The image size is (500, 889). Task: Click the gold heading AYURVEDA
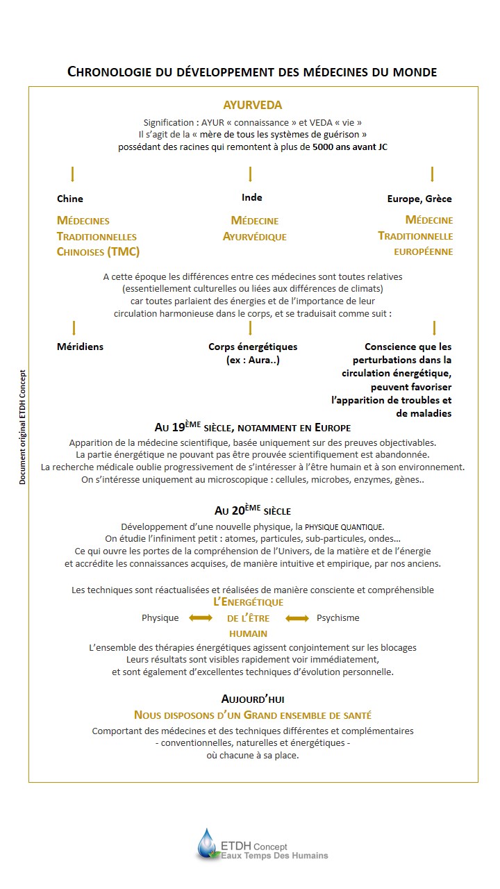coord(252,106)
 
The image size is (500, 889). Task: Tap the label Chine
coord(69,199)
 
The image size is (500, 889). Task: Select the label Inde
coord(251,198)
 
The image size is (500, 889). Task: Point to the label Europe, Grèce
coord(419,199)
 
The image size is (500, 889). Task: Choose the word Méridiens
coord(80,347)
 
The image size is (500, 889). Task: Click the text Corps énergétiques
coord(253,347)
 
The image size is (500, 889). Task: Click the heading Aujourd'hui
coord(252,699)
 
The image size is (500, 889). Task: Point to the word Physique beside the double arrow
coord(160,617)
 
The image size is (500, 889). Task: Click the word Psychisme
coord(338,617)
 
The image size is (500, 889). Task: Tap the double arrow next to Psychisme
coord(297,617)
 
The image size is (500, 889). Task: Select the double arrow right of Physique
coord(201,617)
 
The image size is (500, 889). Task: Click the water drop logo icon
coord(207,844)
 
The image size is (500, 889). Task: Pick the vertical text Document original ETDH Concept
coord(23,426)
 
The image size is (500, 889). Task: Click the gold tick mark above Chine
coord(72,174)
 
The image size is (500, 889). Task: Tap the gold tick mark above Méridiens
coord(74,328)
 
